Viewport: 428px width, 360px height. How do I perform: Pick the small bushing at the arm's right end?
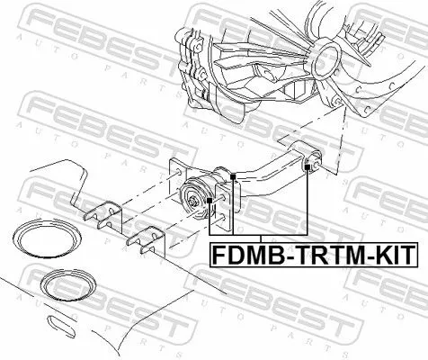tap(313, 163)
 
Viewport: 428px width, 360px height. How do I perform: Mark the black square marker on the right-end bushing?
tap(308, 174)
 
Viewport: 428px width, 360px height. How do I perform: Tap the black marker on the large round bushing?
tap(210, 200)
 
